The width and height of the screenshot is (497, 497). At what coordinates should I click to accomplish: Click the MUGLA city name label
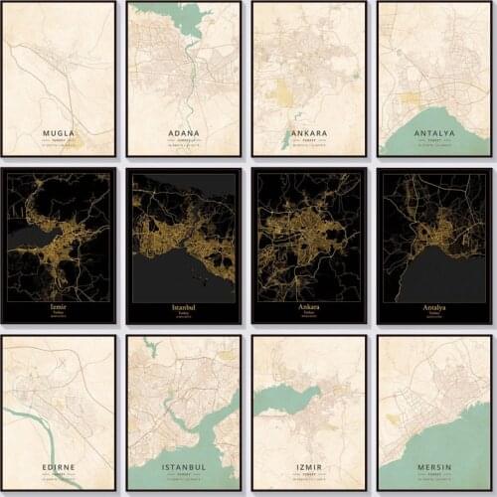click(x=59, y=131)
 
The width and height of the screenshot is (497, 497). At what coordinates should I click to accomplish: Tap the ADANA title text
click(x=184, y=132)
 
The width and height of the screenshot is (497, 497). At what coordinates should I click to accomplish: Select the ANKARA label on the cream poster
click(x=309, y=132)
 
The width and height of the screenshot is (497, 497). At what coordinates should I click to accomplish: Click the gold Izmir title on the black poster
click(x=59, y=308)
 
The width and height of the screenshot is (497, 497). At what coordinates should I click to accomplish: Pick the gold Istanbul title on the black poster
click(x=184, y=308)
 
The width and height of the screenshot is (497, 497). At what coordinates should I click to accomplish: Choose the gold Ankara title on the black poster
click(x=309, y=308)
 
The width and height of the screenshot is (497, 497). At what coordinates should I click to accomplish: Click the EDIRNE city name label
click(x=59, y=465)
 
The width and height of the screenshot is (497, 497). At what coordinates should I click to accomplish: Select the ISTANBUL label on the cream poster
click(x=184, y=465)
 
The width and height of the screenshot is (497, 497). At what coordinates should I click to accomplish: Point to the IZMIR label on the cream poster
click(x=309, y=465)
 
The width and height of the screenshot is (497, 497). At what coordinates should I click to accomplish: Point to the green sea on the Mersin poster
click(x=467, y=437)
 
